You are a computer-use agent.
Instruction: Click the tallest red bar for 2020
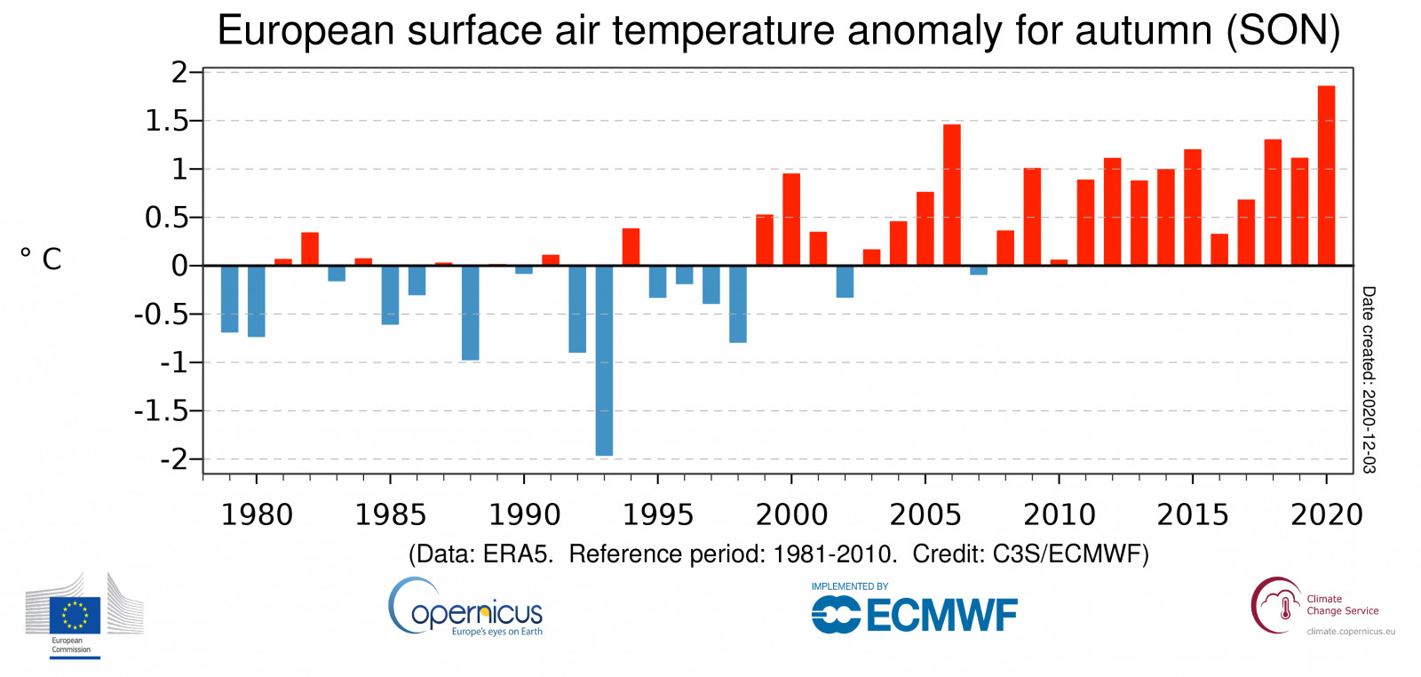1326,176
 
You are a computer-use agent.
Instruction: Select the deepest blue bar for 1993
604,360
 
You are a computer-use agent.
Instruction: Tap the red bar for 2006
952,195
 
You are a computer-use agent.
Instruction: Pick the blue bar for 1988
470,313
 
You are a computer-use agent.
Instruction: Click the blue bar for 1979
229,299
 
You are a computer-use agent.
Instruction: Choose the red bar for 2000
791,219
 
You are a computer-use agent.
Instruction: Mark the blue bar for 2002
845,282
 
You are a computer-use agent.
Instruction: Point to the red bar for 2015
1193,208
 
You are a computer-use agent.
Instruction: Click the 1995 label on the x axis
657,514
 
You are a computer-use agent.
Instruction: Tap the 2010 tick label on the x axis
1059,514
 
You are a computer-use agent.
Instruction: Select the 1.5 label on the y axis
167,121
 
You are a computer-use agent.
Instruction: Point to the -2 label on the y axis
174,459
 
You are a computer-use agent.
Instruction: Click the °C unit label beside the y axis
41,259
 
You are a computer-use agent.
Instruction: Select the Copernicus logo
465,609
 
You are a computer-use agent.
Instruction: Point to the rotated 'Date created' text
1369,379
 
